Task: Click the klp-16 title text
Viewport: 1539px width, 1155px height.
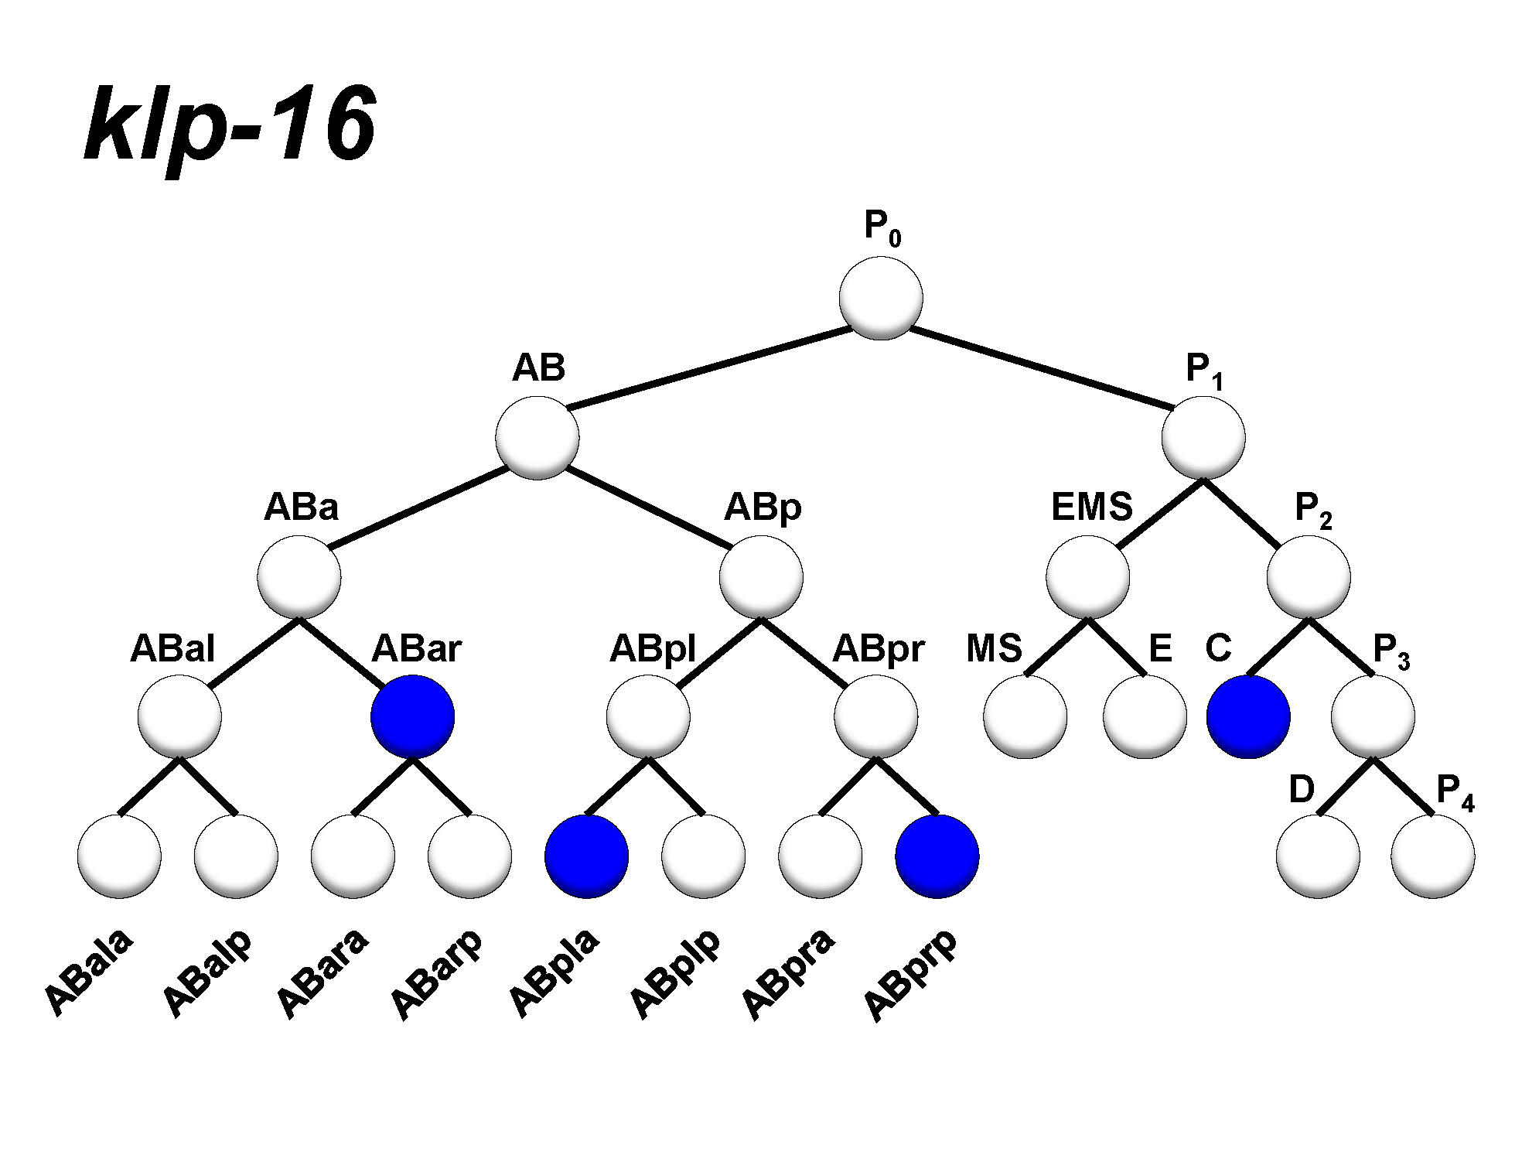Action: (230, 124)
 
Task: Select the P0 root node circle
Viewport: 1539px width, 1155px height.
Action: (881, 298)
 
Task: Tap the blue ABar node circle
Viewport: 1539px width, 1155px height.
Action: (412, 716)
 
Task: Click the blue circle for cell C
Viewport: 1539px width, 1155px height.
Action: (1248, 716)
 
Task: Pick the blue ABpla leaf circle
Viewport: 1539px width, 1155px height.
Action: (586, 856)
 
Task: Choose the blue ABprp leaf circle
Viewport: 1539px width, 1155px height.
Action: (937, 856)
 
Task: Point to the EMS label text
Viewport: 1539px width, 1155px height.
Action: (1091, 507)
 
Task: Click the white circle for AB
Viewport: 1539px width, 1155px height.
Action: (537, 437)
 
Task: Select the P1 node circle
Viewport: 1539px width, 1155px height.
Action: (1203, 437)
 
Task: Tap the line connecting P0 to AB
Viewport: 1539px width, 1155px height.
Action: (709, 367)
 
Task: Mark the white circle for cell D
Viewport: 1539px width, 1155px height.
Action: (1318, 856)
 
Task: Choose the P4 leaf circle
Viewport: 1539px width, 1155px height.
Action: (1432, 856)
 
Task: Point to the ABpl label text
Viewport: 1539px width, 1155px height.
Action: (653, 648)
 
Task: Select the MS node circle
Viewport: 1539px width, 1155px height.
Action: (1025, 716)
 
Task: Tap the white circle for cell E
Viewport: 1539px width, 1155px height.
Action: (1145, 716)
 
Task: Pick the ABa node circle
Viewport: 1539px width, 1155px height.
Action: (299, 577)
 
